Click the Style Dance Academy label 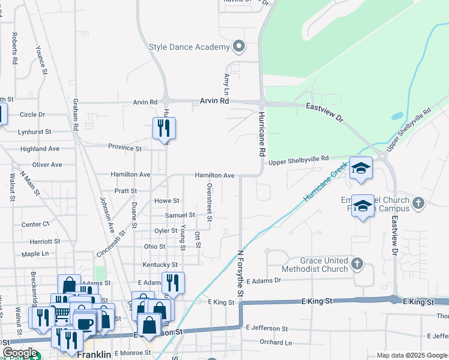[x=189, y=47]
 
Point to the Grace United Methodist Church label [x=315, y=265]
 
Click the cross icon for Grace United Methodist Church [x=357, y=263]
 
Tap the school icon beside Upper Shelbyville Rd [x=361, y=169]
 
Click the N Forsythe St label [x=241, y=274]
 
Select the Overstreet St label [x=209, y=203]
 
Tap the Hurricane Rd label [x=262, y=134]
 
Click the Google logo [x=20, y=353]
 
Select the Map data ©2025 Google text [x=412, y=355]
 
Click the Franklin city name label [x=94, y=355]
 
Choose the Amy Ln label [x=227, y=84]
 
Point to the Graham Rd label [x=76, y=115]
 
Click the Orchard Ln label [x=276, y=343]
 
